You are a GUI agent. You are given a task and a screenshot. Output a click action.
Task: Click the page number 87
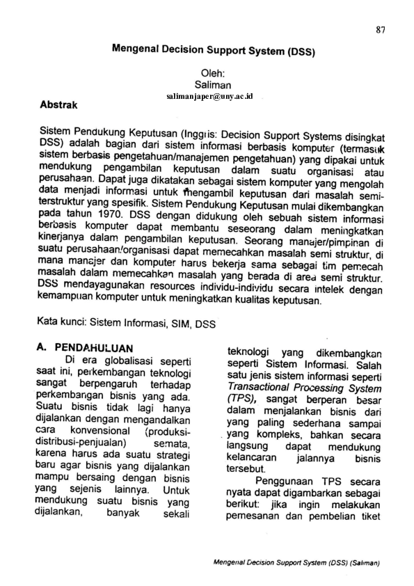[380, 29]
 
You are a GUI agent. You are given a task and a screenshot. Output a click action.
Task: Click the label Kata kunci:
[65, 323]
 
